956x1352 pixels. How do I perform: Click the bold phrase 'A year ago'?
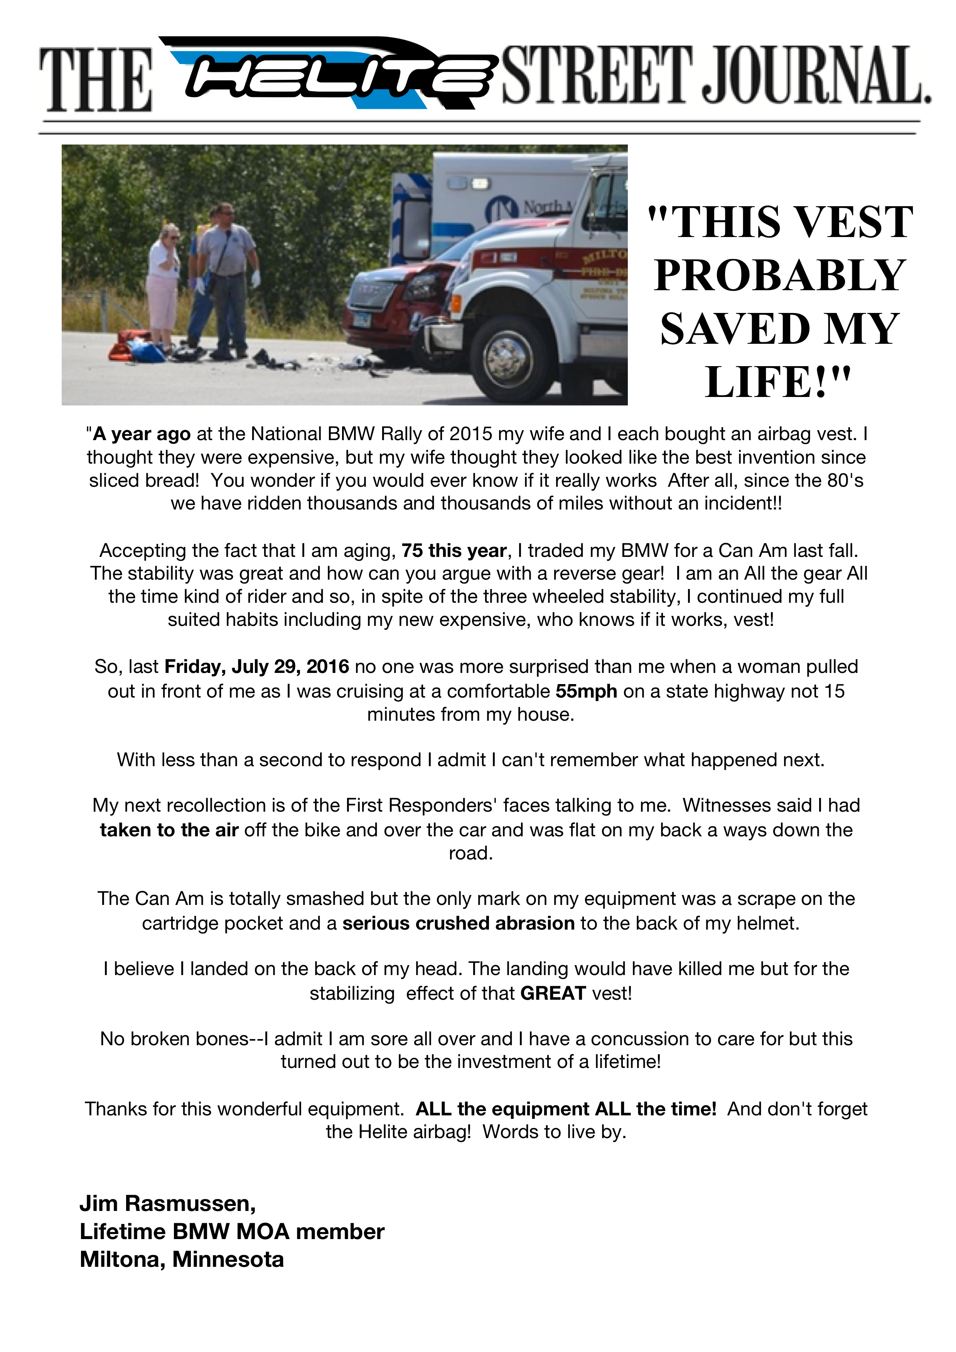tap(142, 434)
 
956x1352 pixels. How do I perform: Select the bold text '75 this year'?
tap(454, 551)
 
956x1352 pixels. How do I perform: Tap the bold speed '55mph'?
tap(586, 691)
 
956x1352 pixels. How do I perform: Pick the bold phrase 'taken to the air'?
tap(169, 830)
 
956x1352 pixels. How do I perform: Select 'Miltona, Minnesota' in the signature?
tap(181, 1259)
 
